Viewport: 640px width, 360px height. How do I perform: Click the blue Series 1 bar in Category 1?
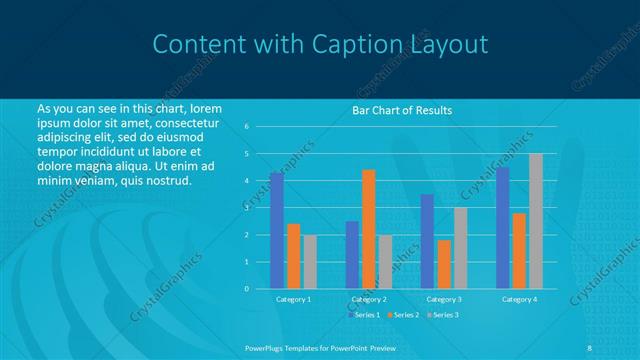point(276,231)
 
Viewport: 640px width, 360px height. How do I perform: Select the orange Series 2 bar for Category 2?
point(368,229)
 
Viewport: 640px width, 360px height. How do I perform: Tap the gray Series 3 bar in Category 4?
point(536,221)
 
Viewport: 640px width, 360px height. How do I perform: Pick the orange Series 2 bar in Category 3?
point(444,264)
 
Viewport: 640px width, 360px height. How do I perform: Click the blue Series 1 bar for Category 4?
point(502,228)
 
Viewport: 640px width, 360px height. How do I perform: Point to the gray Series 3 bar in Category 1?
point(310,262)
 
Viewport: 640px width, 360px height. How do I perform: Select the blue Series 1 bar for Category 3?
point(427,241)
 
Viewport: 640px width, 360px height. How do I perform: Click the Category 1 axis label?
point(293,299)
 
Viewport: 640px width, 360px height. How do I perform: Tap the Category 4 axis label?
point(519,299)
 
